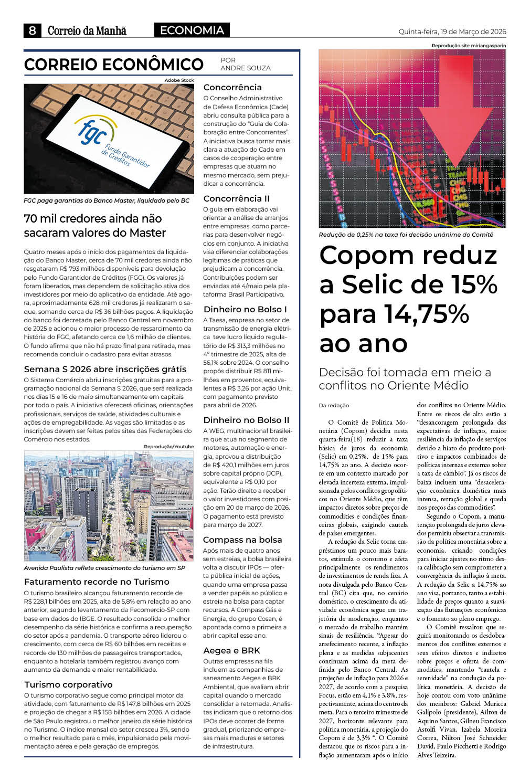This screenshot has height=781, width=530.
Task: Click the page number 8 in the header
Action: point(32,31)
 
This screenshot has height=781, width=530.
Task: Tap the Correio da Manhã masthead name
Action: point(87,31)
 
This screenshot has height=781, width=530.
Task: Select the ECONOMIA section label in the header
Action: point(192,30)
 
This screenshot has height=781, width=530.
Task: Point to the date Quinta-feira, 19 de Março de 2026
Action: point(452,31)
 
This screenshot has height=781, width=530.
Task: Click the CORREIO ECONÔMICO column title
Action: point(114,65)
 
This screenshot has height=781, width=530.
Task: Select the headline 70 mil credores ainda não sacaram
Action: point(95,225)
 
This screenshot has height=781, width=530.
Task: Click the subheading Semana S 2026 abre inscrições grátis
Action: point(105,369)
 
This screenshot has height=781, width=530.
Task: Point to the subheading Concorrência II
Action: point(236,198)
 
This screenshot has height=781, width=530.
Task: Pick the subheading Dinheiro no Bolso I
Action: point(245,309)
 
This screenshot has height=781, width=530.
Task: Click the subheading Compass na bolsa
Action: point(242,540)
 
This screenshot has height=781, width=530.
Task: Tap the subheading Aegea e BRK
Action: point(231,650)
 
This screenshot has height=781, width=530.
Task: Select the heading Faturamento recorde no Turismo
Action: point(97,582)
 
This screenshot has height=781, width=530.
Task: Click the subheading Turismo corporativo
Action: point(68,684)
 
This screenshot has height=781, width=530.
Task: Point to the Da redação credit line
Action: point(334,405)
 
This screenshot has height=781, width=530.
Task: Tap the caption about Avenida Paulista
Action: point(104,568)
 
